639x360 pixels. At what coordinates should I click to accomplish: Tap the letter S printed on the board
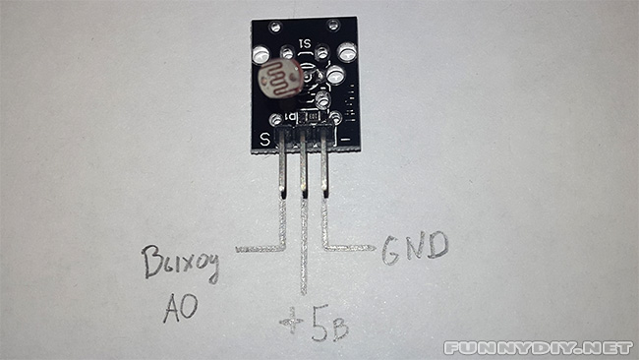264,138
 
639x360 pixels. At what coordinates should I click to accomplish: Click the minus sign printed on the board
346,139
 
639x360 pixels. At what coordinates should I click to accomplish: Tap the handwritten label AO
180,307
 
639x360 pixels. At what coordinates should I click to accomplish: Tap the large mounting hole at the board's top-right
346,52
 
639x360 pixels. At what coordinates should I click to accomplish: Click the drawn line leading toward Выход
261,246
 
